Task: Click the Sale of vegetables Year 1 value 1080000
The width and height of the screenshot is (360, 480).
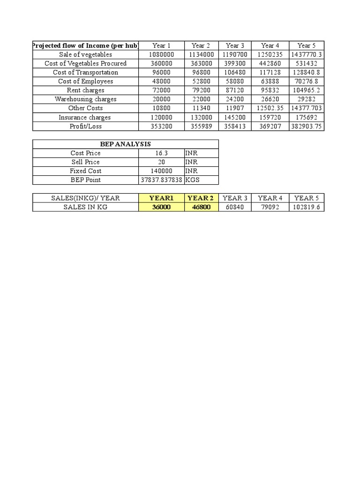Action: click(x=161, y=54)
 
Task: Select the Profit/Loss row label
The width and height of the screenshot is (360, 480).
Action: click(x=85, y=126)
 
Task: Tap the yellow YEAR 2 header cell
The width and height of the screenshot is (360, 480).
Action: click(x=201, y=198)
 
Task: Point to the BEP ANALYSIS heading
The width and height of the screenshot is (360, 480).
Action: click(x=125, y=144)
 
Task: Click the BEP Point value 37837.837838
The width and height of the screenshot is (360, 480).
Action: click(x=161, y=180)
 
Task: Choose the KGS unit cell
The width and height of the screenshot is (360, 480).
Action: click(x=193, y=180)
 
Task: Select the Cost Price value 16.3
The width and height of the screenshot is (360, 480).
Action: click(x=161, y=153)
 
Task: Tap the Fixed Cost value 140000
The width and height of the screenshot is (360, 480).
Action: click(x=161, y=171)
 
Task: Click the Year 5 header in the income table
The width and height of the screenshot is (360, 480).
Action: click(x=307, y=45)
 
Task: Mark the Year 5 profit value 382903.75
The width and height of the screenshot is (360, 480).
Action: click(x=307, y=126)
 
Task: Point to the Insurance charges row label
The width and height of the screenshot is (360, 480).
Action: click(x=85, y=117)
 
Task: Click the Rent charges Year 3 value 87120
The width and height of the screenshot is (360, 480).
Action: click(x=235, y=90)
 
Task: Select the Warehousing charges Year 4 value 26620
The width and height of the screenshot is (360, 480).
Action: click(x=270, y=99)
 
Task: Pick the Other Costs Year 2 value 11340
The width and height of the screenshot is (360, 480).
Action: click(x=201, y=108)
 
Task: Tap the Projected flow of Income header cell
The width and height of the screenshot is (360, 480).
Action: click(x=85, y=45)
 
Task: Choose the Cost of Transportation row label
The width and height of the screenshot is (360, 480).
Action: click(x=85, y=72)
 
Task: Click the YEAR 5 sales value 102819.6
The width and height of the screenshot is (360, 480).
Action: click(x=307, y=207)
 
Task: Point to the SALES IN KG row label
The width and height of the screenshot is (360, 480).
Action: click(x=85, y=207)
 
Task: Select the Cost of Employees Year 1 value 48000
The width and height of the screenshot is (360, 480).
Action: click(x=161, y=81)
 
